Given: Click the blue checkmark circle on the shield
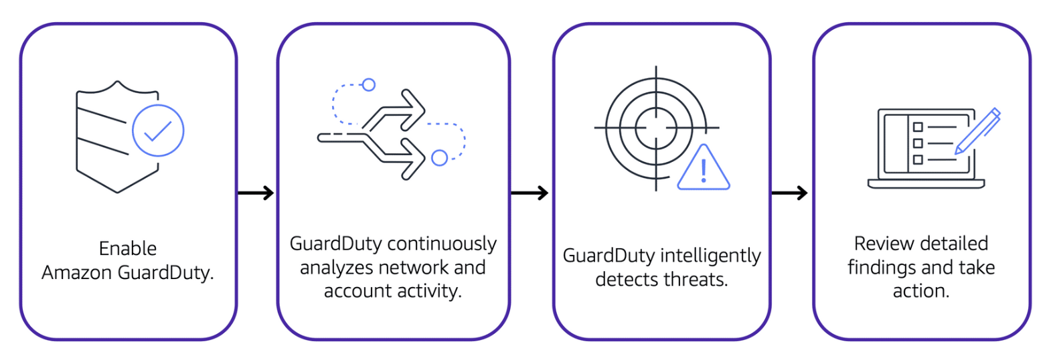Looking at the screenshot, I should pos(158,130).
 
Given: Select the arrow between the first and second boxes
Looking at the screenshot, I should pos(256,193).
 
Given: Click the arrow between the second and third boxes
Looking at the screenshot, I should pos(530,193).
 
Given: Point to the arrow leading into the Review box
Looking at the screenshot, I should pos(790,193).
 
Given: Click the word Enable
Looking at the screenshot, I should pos(128,249).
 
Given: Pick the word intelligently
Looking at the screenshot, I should pos(710,256).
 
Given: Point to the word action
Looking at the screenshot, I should pos(920,291).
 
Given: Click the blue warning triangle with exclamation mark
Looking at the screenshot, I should pos(703,171).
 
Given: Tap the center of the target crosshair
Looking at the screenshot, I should pos(656,127).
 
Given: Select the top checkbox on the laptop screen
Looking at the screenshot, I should pos(918,126).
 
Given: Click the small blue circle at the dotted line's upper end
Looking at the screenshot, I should pos(368,85).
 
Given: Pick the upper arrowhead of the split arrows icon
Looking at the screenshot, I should pos(414,110).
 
